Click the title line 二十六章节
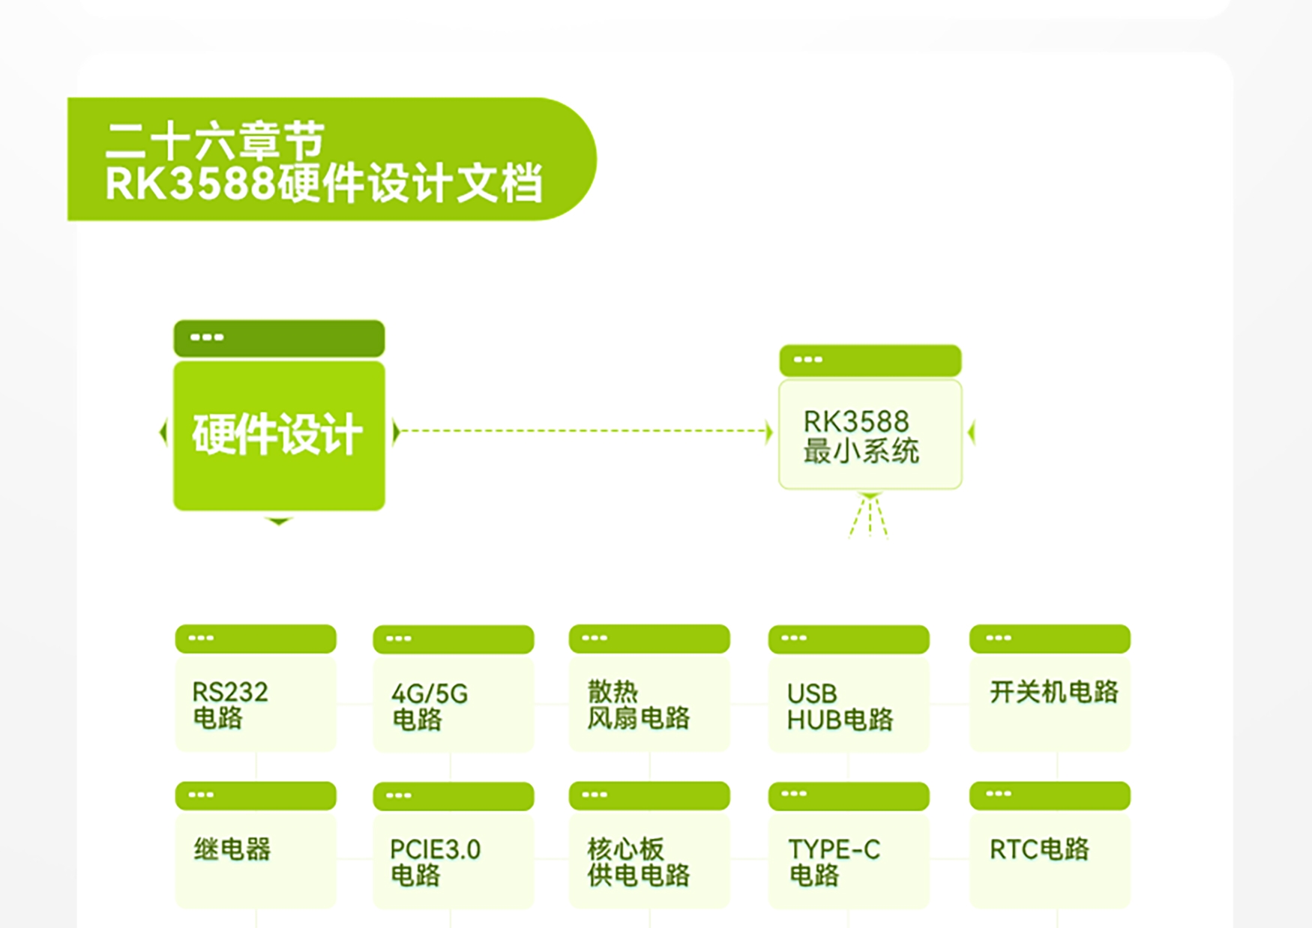point(215,140)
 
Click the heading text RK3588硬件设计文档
point(324,183)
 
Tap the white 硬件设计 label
point(277,434)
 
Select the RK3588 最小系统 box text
point(861,436)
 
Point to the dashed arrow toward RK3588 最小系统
point(583,431)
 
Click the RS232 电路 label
point(230,705)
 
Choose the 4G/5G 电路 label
point(430,706)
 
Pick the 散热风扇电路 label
point(638,705)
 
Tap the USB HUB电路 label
point(840,707)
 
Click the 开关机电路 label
point(1054,691)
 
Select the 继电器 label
point(232,849)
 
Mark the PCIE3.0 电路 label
point(436,862)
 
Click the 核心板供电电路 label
point(638,862)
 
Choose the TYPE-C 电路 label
point(834,862)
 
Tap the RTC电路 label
point(1039,849)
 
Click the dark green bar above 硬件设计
point(279,338)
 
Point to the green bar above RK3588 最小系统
point(870,361)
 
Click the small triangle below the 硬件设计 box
point(279,521)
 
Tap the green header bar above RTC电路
point(1050,795)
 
